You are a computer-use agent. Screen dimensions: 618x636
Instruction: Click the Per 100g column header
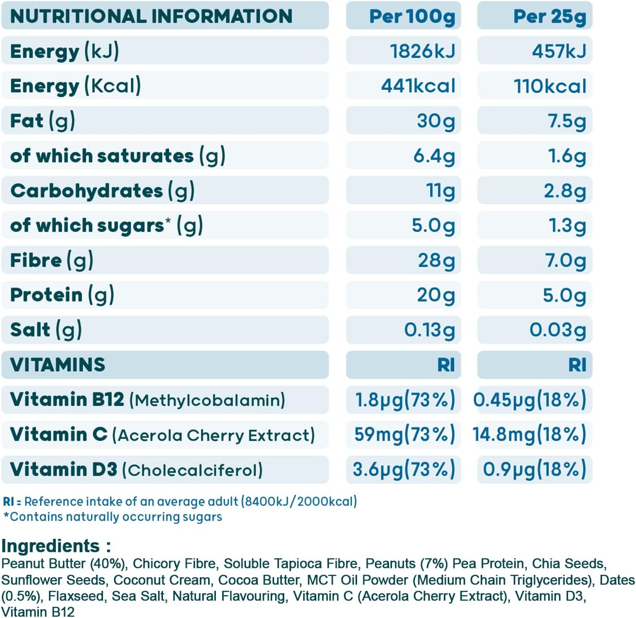(412, 17)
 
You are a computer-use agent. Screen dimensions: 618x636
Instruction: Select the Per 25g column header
(549, 17)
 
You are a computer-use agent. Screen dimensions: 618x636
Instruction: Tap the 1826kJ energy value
(422, 51)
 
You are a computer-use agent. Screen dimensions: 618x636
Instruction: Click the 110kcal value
(550, 86)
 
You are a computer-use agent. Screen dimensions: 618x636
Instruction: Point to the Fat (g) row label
(43, 121)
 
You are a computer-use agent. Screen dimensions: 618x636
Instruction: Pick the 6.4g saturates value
(434, 156)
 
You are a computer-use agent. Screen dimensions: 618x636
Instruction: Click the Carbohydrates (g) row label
(102, 191)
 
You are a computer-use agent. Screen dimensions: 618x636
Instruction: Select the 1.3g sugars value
(567, 226)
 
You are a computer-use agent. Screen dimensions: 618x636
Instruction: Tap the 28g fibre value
(436, 261)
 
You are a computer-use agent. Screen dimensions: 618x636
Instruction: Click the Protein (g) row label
(62, 295)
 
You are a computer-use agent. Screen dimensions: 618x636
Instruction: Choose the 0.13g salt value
(429, 330)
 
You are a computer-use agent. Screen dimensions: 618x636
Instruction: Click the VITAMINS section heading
(57, 365)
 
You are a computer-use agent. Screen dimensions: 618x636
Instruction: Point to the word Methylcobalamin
(207, 400)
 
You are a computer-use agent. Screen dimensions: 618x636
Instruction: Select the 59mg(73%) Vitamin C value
(404, 434)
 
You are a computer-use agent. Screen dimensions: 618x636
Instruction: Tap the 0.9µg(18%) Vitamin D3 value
(534, 469)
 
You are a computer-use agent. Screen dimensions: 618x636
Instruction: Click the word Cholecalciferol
(192, 470)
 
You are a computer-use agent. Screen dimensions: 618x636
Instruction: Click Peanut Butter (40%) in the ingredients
(64, 564)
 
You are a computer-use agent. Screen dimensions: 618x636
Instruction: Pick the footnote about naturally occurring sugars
(113, 517)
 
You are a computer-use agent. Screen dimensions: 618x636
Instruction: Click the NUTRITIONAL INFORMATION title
(151, 17)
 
